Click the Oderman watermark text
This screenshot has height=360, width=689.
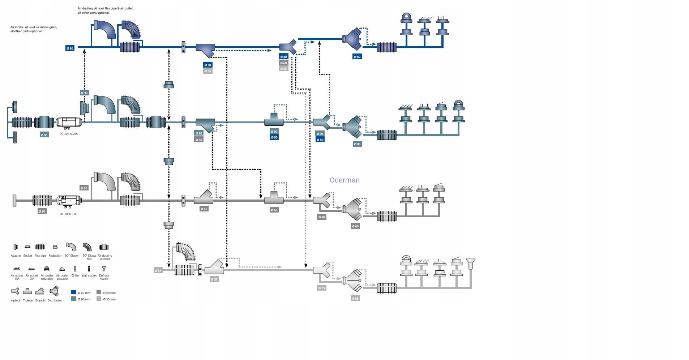(344, 180)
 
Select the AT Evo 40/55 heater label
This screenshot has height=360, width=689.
(69, 134)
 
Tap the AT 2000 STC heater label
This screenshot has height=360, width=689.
(68, 214)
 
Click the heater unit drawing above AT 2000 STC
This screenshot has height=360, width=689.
(68, 200)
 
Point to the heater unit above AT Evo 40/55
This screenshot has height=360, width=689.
(69, 122)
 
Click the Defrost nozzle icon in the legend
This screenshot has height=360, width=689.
(104, 269)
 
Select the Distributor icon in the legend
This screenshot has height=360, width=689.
(54, 291)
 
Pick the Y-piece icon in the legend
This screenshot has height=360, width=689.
(15, 291)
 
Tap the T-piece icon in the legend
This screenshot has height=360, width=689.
(27, 291)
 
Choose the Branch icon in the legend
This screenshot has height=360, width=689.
(40, 291)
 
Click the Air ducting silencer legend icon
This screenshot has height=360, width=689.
(104, 247)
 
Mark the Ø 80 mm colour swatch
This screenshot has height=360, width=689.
(74, 292)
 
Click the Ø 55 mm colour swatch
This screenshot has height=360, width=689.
(99, 299)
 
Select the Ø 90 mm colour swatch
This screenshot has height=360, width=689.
(74, 299)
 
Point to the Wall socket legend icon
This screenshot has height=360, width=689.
(89, 269)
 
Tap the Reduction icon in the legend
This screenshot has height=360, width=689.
(55, 247)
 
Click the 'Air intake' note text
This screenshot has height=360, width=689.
(33, 29)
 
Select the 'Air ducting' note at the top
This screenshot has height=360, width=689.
(105, 10)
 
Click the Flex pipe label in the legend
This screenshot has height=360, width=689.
(40, 256)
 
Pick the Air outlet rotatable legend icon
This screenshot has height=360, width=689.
(47, 269)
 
